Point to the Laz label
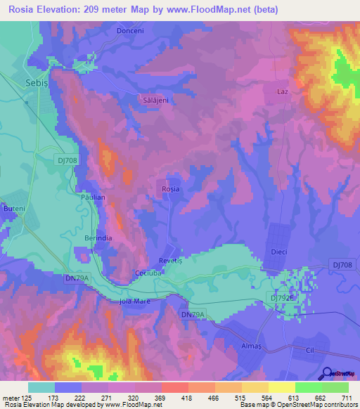(283, 92)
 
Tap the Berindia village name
(89, 239)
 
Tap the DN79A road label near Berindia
(77, 279)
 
